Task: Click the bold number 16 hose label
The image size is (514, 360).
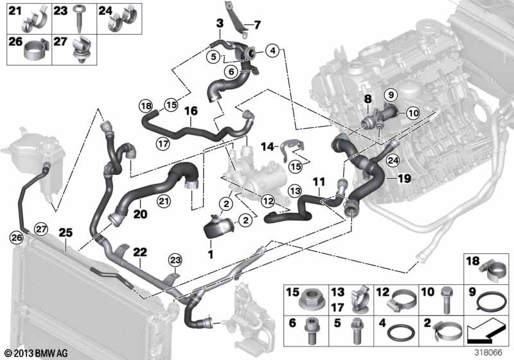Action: [191, 111]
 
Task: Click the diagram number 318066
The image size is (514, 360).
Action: [493, 352]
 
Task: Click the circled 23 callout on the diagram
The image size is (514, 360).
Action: [175, 260]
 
